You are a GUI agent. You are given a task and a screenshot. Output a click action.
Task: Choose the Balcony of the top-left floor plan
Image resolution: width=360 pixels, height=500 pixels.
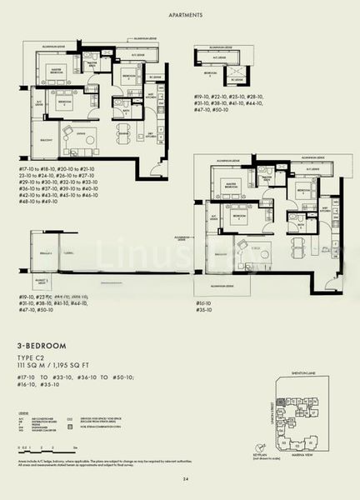click(42, 137)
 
